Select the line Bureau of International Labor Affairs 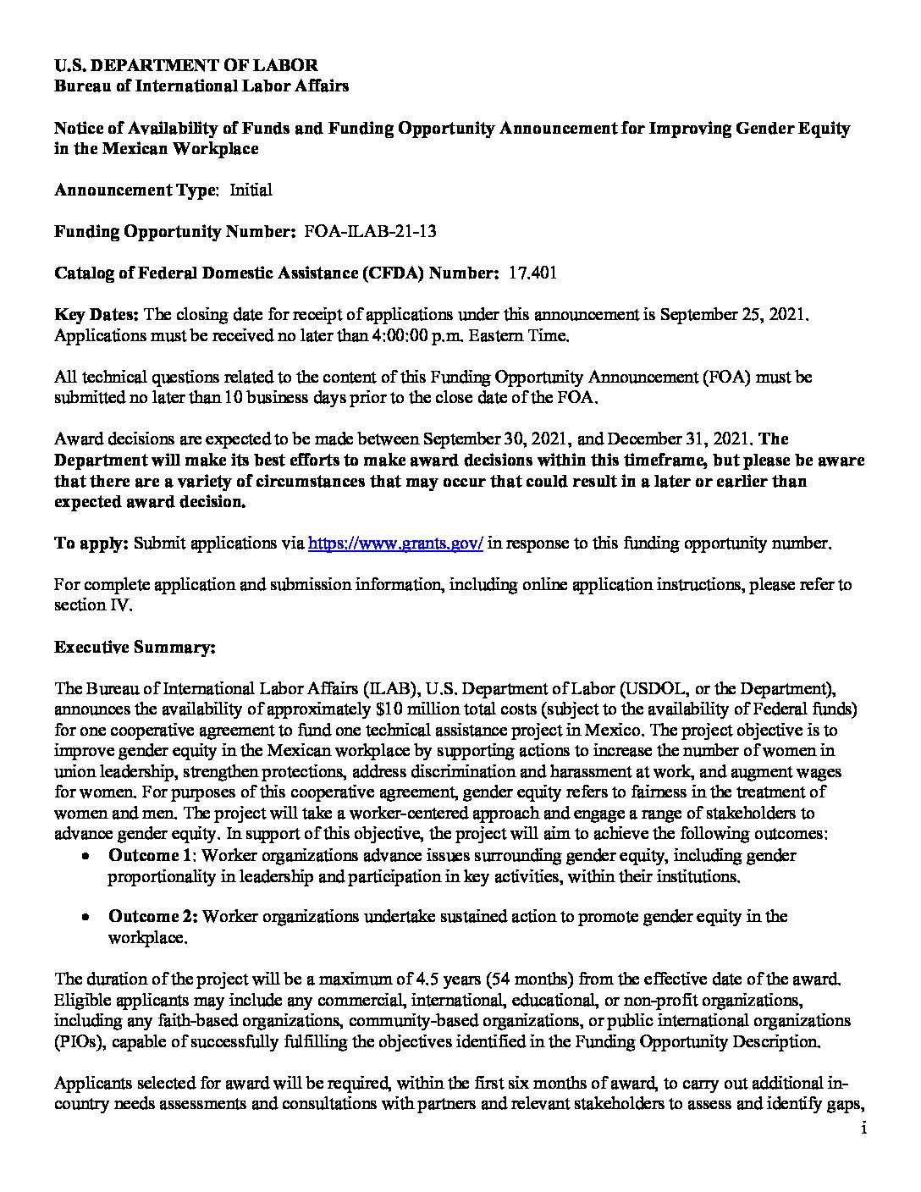coord(201,86)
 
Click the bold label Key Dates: coord(97,315)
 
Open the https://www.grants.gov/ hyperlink coord(395,544)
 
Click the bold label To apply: coord(91,544)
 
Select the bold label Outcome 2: coord(153,917)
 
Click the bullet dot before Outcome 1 coord(86,857)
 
